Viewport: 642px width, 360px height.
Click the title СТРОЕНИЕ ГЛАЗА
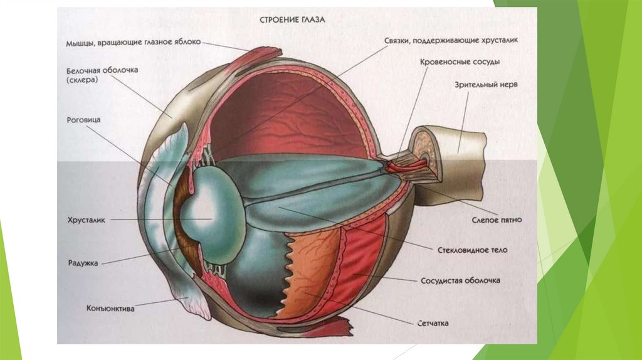(292, 19)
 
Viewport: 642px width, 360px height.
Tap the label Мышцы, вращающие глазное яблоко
(134, 43)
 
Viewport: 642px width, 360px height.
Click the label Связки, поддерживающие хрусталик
(451, 40)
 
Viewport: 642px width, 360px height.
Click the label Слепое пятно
(497, 221)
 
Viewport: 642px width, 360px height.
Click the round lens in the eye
(213, 220)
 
